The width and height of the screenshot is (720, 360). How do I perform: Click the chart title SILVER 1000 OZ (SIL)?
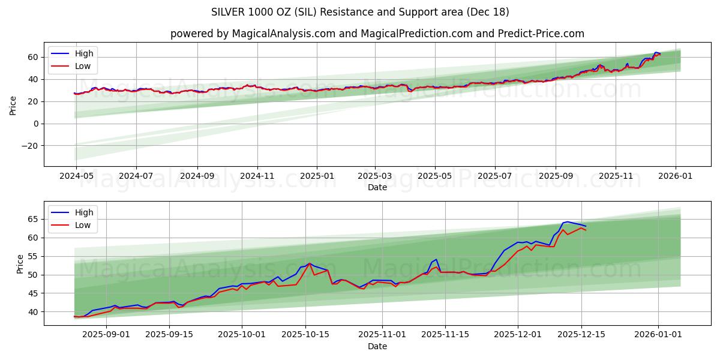(x=360, y=12)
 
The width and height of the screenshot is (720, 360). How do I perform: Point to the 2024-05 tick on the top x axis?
(x=76, y=176)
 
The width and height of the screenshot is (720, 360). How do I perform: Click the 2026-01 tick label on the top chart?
(x=676, y=176)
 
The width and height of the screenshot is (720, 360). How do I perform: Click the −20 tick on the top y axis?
(x=29, y=146)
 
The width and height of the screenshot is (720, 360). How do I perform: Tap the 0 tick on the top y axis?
(x=36, y=124)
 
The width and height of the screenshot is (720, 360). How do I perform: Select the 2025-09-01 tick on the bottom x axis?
(x=106, y=335)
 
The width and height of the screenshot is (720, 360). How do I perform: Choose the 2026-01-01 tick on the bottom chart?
(x=658, y=335)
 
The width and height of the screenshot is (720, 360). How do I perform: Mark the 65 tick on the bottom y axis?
(x=34, y=220)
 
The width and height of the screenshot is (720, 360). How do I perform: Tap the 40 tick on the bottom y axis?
(x=34, y=312)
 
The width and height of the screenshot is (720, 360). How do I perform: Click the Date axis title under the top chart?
(x=377, y=187)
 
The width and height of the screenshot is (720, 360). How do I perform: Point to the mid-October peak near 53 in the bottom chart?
(x=310, y=263)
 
